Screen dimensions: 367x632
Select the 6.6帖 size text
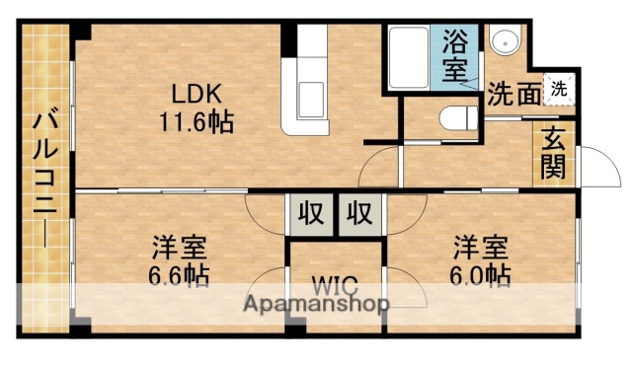tap(179, 275)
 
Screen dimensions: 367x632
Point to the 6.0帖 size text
tap(482, 275)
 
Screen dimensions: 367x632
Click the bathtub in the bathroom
tap(407, 58)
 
